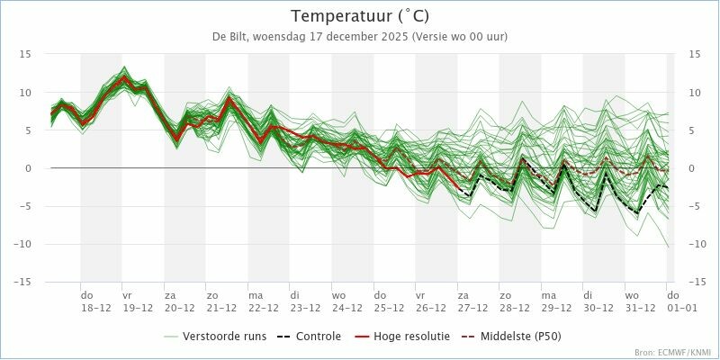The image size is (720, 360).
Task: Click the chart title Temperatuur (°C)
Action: coord(360,16)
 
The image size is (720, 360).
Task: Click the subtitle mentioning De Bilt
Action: coord(360,37)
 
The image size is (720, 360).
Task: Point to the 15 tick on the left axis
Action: coord(26,54)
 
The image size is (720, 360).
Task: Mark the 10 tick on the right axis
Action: coord(694,92)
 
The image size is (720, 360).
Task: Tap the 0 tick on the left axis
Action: coord(29,168)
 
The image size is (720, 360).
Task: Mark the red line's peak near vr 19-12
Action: coord(126,77)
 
